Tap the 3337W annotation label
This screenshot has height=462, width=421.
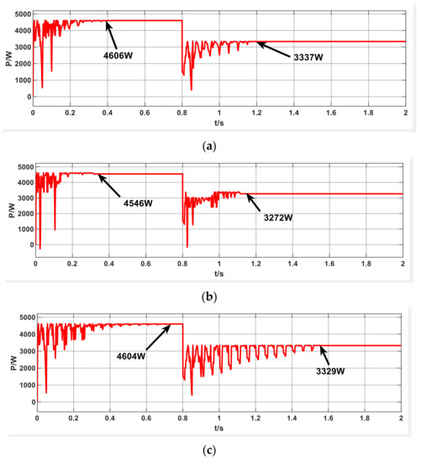click(x=310, y=60)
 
